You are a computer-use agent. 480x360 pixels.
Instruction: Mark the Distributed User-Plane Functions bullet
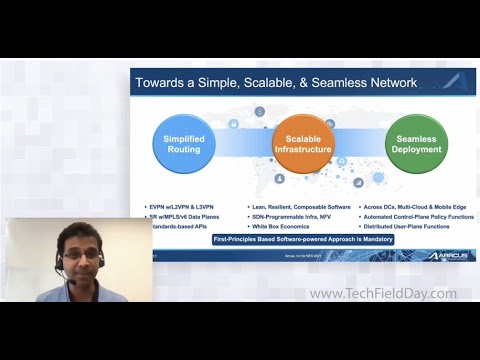pos(410,226)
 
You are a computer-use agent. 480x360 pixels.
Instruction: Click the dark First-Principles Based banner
pos(303,240)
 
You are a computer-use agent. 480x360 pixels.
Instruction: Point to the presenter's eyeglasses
pos(80,256)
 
